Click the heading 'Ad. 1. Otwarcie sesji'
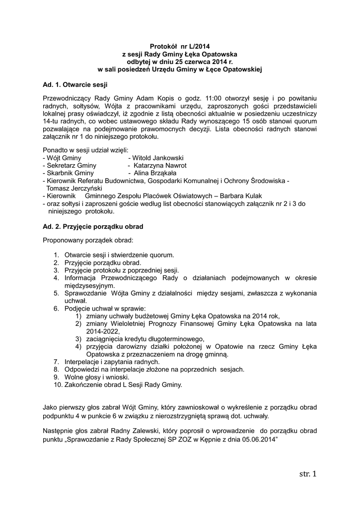click(x=75, y=84)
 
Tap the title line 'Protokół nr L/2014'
click(x=180, y=46)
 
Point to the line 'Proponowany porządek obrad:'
click(x=88, y=241)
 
